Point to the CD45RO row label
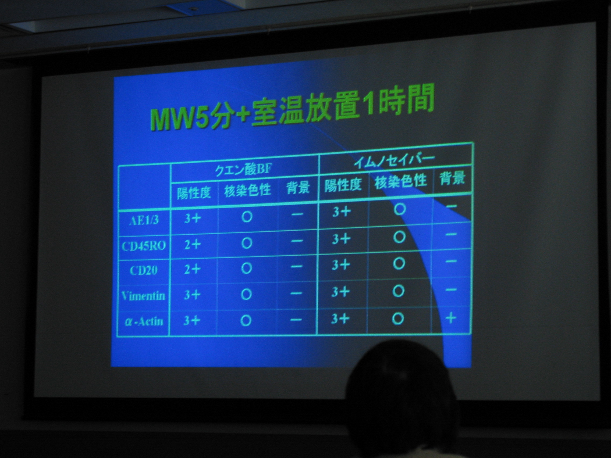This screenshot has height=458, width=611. click(144, 245)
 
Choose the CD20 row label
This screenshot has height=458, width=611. click(143, 270)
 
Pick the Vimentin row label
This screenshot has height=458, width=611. click(143, 296)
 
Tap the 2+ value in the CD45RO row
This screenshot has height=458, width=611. click(192, 245)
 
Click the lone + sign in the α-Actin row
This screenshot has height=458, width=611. click(451, 318)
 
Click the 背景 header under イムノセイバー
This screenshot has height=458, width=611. click(452, 178)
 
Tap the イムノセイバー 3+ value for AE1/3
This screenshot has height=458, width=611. click(342, 212)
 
